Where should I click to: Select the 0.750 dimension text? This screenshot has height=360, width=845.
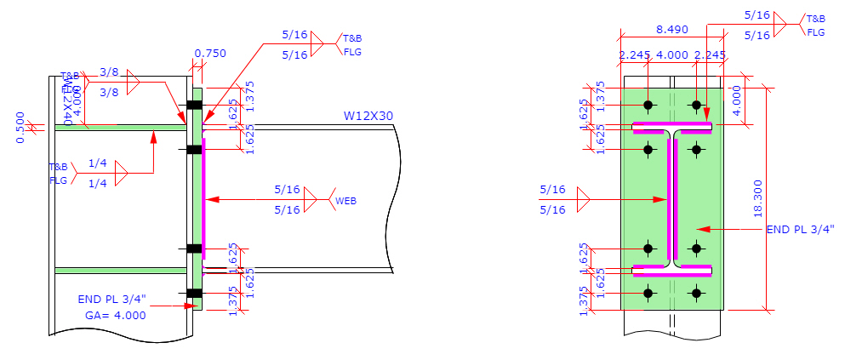tap(210, 54)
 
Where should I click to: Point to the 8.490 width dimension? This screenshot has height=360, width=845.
tap(672, 29)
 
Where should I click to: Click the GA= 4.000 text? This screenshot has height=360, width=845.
tap(116, 315)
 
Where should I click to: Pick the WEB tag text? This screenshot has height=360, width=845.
tap(345, 201)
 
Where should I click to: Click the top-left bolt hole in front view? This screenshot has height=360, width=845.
tap(648, 106)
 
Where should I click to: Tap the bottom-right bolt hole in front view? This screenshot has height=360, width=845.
tap(697, 294)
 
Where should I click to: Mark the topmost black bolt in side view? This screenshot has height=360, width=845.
tap(194, 105)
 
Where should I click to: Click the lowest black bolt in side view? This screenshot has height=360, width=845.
tap(194, 294)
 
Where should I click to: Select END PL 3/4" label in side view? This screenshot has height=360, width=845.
tap(112, 300)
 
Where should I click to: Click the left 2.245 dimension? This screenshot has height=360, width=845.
tap(635, 56)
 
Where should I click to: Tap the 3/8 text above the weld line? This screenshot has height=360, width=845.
tap(109, 72)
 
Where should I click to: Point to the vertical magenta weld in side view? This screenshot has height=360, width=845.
tap(204, 199)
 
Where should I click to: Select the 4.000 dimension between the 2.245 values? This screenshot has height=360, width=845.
tap(672, 56)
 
